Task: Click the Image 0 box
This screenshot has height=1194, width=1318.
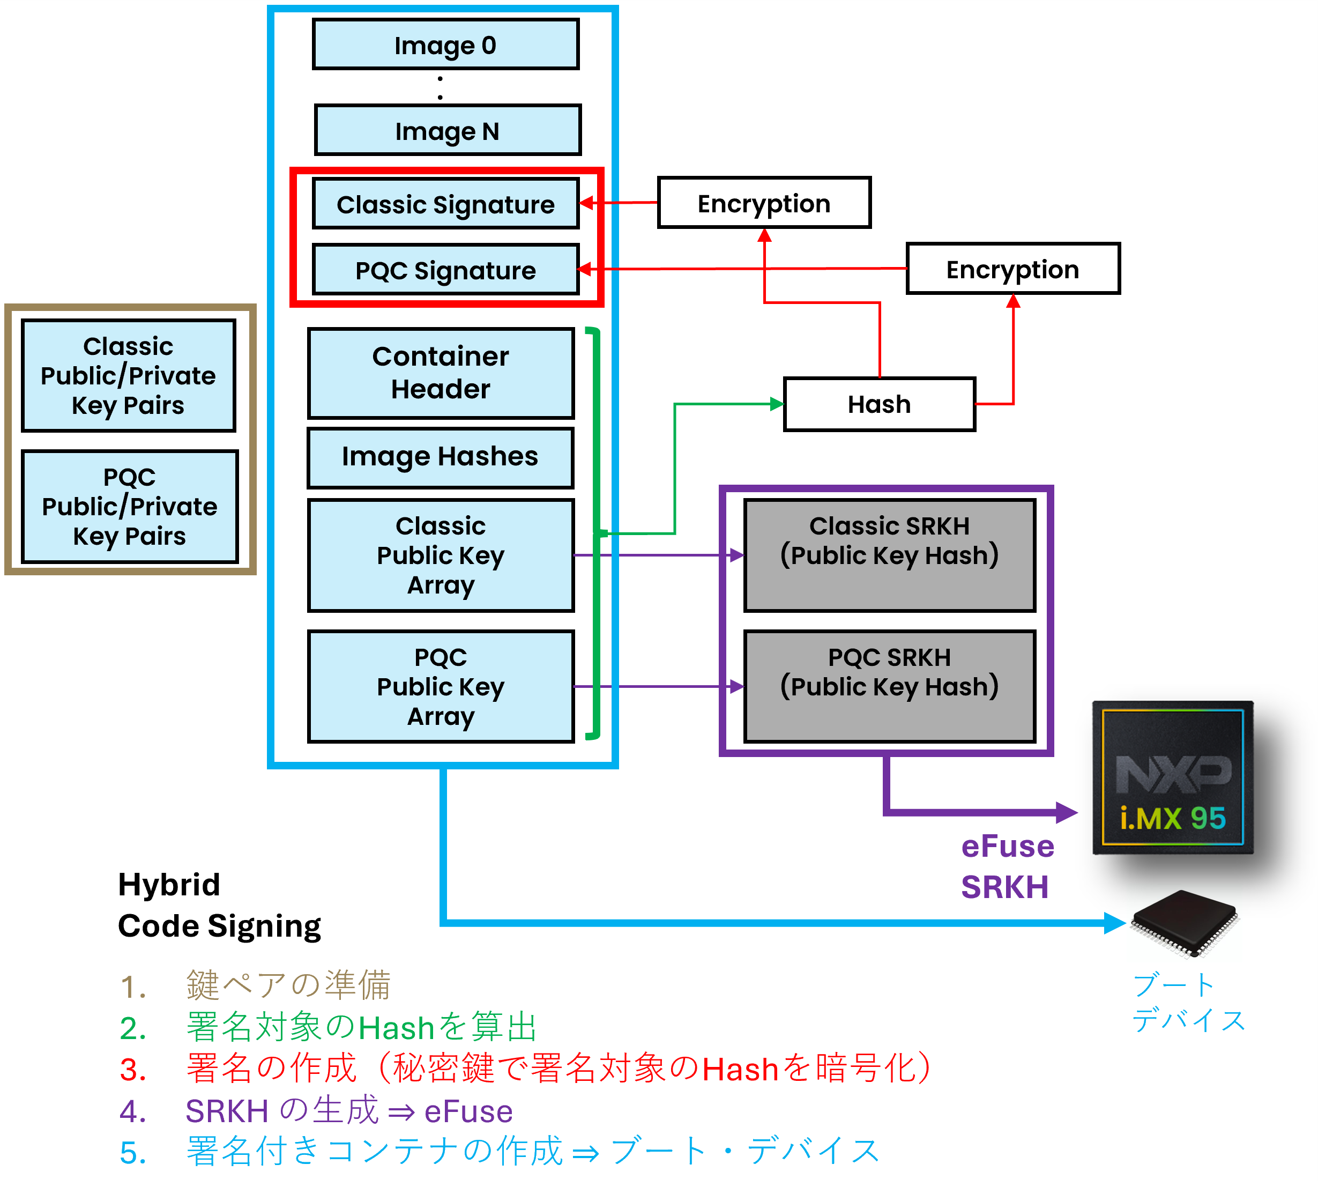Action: point(445,45)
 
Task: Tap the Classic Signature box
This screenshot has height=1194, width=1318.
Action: point(445,204)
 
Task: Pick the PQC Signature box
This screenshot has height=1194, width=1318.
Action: point(445,269)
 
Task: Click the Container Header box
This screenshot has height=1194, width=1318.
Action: point(441,373)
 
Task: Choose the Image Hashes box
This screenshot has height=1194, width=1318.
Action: point(441,458)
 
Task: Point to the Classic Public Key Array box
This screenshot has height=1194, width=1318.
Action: point(441,555)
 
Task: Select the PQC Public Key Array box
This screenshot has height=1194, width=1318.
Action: point(441,687)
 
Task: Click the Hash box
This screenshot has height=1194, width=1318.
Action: point(880,404)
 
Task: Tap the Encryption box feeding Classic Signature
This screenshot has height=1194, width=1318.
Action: point(764,203)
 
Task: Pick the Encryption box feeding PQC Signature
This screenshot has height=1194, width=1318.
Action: point(1012,269)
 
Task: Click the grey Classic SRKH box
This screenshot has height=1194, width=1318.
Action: point(890,555)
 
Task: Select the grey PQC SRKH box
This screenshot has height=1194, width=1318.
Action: point(890,687)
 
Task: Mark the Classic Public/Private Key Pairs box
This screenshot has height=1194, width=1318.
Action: point(128,375)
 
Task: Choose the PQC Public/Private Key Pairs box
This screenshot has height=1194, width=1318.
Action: point(130,507)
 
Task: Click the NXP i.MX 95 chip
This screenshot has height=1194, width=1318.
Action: point(1173,778)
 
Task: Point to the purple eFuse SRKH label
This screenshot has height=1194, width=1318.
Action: point(1007,867)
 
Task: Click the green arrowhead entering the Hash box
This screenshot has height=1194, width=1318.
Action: point(777,404)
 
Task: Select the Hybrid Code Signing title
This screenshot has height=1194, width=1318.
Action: point(219,906)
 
